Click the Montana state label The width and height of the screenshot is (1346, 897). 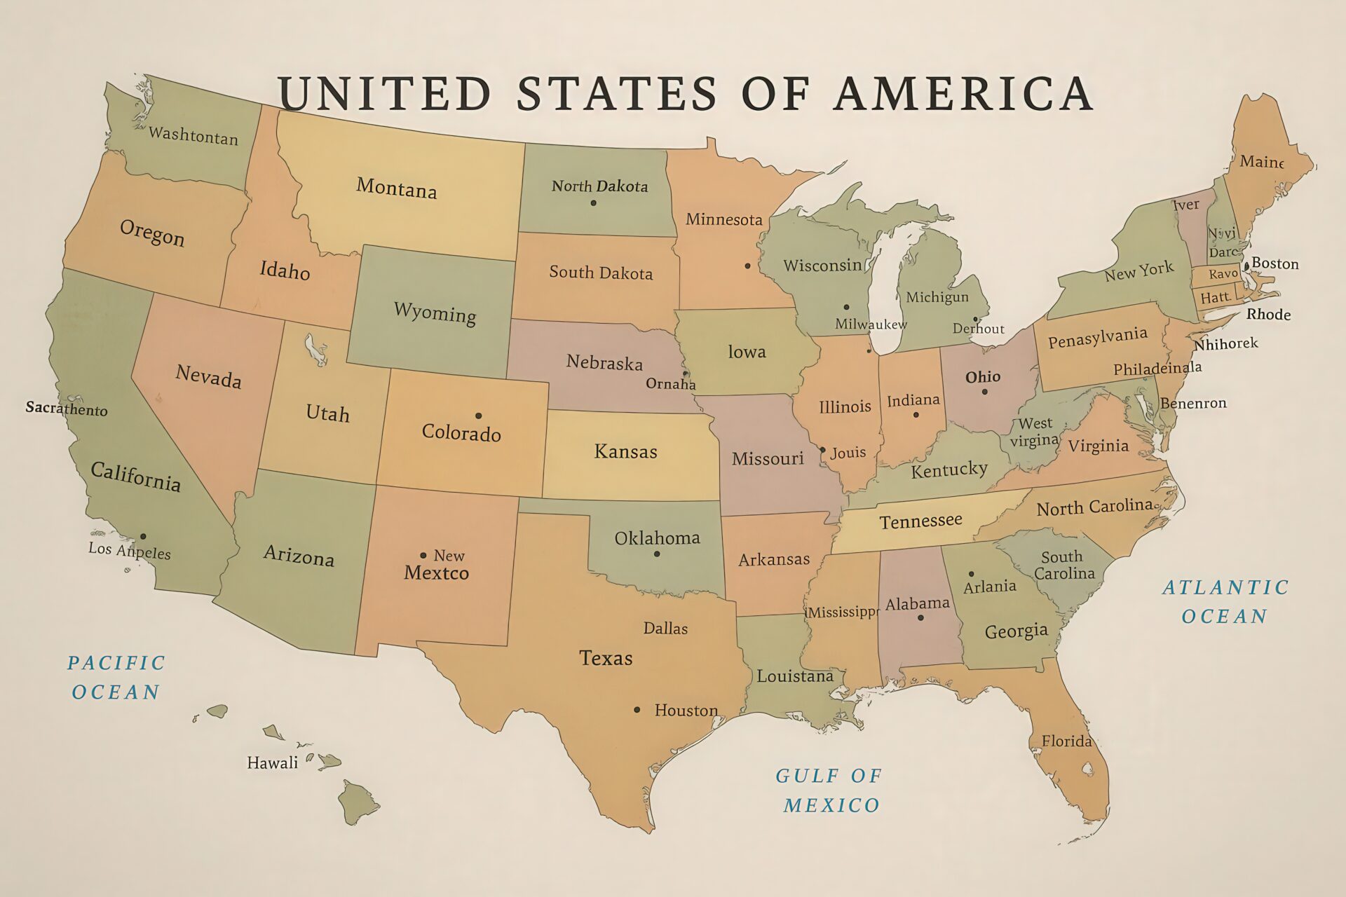[396, 188]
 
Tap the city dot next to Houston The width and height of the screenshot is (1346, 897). [637, 710]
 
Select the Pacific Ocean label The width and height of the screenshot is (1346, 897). [116, 677]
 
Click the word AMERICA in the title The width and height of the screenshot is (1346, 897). [963, 93]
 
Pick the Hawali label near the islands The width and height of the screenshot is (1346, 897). [272, 762]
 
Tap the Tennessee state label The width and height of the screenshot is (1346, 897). [920, 521]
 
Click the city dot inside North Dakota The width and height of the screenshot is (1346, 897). [593, 203]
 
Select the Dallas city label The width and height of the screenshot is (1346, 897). [665, 628]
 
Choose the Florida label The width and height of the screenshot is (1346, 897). [1066, 741]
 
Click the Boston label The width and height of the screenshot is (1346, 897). [1275, 263]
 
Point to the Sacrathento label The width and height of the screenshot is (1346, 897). [67, 408]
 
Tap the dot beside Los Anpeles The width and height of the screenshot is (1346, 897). [143, 536]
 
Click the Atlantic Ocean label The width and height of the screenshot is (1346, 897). [1225, 601]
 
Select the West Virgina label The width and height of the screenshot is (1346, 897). [1035, 432]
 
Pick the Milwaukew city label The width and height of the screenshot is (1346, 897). [871, 324]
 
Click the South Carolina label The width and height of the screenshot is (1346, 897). [1063, 565]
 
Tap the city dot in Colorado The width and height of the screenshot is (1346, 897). [478, 416]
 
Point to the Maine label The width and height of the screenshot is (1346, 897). [1261, 161]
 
